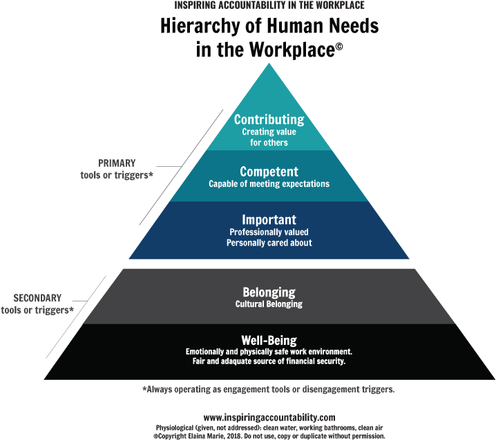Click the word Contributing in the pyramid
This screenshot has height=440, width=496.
coord(269,120)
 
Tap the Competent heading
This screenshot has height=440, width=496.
coord(269,172)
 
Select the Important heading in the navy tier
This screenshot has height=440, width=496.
coord(269,220)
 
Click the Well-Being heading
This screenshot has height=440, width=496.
coord(269,341)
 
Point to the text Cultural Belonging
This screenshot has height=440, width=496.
coord(269,304)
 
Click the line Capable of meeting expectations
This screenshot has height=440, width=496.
coord(269,184)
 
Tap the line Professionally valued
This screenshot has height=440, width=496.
coord(269,232)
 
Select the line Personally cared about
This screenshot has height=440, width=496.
coord(269,243)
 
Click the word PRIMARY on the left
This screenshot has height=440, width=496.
coord(117,163)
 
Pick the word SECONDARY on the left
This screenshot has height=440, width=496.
coord(37,298)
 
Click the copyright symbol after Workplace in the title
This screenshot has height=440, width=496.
coord(338,46)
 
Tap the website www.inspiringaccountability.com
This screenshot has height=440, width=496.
coord(269,417)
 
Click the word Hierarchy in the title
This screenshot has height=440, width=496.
coord(200,26)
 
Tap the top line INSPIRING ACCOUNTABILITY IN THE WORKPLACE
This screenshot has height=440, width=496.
coord(269,5)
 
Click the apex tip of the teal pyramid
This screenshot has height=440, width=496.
coord(269,63)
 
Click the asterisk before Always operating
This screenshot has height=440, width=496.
coord(144,388)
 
